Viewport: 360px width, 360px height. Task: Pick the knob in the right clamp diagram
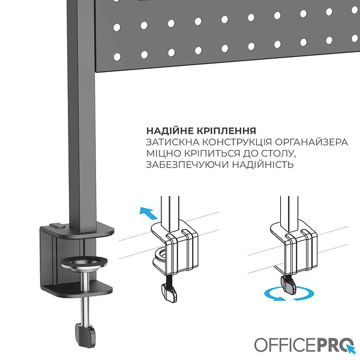(289, 283)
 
